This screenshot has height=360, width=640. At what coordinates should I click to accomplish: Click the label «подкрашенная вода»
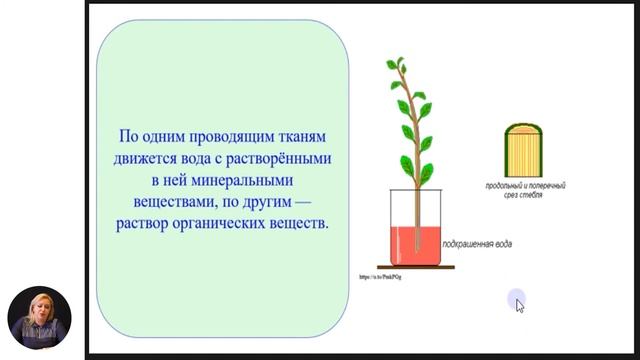474,242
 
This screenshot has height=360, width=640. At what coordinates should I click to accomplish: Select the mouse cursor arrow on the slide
519,304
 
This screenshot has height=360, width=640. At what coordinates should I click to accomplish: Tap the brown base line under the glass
410,267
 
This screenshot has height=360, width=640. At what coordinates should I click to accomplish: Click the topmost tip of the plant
392,61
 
